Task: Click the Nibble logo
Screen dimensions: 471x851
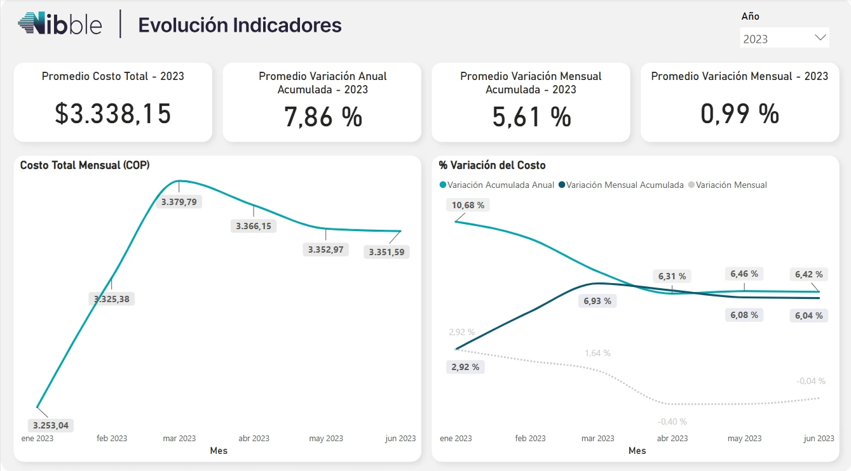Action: coord(60,24)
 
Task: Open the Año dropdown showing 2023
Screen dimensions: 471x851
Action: coord(784,38)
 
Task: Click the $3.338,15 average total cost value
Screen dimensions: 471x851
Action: coord(113,114)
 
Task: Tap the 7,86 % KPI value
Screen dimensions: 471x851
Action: coord(322,117)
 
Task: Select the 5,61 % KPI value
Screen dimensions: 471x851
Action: coord(531,117)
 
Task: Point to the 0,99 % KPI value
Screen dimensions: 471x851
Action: coord(740,114)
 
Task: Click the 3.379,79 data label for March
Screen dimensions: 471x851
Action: coord(179,202)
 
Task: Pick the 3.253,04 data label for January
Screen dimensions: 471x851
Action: coord(51,425)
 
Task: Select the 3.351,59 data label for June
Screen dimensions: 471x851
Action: coord(386,252)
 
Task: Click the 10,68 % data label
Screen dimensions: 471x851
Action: coord(468,205)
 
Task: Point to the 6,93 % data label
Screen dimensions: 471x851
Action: coord(597,301)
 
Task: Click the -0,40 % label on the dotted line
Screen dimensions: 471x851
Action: coord(672,421)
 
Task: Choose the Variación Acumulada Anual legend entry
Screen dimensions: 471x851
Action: coord(496,185)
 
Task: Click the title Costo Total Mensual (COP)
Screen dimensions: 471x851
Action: coord(85,165)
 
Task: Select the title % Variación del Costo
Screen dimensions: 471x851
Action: coord(492,165)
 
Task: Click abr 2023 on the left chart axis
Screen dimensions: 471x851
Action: coord(254,438)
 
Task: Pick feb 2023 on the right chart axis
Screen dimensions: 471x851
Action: coord(530,438)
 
